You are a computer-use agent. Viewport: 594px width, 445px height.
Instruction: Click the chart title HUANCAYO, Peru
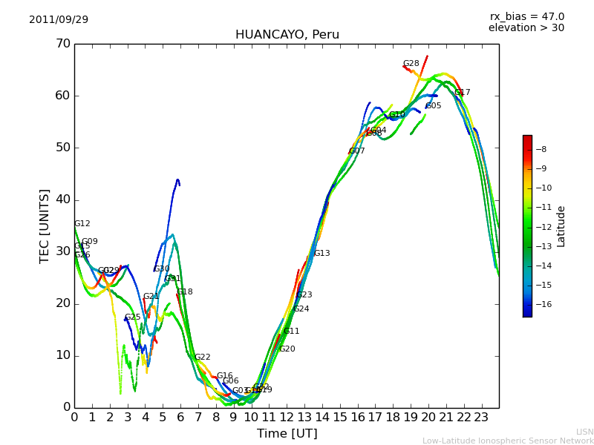[x=287, y=35]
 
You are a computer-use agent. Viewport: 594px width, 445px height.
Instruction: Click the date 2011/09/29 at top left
[x=59, y=20]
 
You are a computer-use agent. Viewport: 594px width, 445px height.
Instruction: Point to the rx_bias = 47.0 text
[x=526, y=17]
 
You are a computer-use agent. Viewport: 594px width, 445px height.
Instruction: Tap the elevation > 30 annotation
[x=526, y=28]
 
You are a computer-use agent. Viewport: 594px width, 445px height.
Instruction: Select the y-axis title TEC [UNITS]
[x=45, y=225]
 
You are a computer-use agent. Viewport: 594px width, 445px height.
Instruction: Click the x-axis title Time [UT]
[x=287, y=434]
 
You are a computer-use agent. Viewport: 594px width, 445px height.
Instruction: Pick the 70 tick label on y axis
[x=62, y=44]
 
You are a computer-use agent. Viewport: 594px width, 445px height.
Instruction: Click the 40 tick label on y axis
[x=62, y=200]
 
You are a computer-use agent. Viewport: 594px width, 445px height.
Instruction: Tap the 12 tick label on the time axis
[x=287, y=417]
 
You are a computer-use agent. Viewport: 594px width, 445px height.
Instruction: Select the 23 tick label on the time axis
[x=481, y=417]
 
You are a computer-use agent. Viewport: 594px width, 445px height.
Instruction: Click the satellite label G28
[x=411, y=64]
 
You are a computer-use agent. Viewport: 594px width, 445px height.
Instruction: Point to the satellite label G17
[x=462, y=93]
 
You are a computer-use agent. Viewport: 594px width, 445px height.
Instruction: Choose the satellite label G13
[x=322, y=254]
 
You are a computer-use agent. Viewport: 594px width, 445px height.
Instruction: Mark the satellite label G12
[x=82, y=224]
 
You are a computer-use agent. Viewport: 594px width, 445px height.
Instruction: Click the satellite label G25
[x=132, y=317]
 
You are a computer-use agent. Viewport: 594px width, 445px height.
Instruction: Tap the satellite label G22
[x=202, y=357]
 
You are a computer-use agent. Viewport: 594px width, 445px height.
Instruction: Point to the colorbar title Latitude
[x=561, y=226]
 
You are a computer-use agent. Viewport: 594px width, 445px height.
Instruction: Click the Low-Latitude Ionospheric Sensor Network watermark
[x=508, y=441]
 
